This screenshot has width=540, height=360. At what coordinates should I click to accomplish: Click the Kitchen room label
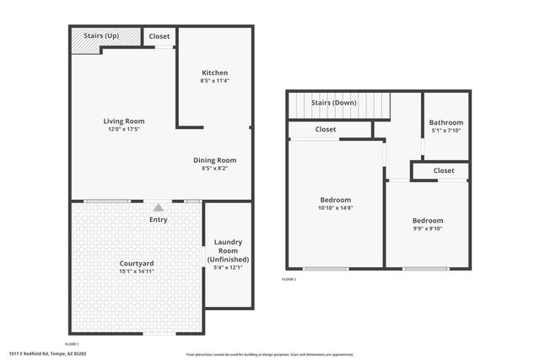(214, 73)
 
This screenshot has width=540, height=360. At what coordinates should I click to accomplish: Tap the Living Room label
(124, 121)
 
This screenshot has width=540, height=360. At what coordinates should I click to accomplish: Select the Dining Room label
(214, 159)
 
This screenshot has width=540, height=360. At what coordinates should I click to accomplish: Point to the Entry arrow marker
(158, 207)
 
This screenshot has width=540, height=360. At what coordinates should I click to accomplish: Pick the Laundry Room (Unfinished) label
(229, 250)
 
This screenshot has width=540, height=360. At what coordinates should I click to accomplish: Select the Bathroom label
(445, 121)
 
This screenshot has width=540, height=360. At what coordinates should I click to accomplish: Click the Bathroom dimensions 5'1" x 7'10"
(445, 130)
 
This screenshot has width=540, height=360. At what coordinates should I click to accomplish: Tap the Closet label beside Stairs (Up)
(159, 36)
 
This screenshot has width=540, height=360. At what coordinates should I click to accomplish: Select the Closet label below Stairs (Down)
(326, 129)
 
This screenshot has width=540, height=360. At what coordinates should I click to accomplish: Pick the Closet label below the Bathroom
(444, 170)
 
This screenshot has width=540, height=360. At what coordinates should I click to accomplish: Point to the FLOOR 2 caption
(289, 278)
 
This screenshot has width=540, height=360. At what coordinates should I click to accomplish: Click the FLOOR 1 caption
(72, 344)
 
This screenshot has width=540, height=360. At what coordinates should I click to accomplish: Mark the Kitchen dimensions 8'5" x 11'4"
(214, 81)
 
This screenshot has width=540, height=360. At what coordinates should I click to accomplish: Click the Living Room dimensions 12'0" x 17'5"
(124, 129)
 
